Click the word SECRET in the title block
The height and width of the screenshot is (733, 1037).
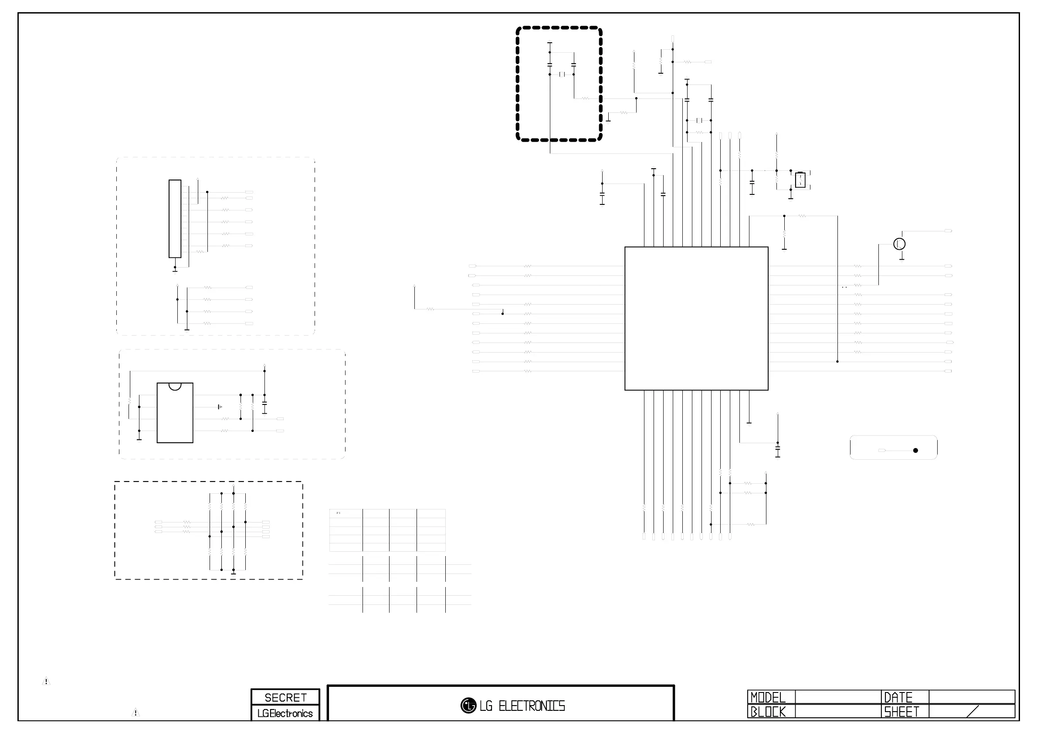[x=285, y=698]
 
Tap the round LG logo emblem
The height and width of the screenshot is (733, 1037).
[x=468, y=706]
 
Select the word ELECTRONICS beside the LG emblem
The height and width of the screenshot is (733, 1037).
[x=532, y=706]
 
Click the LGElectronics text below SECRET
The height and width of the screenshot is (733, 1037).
[x=285, y=713]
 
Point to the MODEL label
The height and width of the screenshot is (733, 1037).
[x=768, y=697]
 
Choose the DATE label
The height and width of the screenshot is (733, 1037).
[x=898, y=697]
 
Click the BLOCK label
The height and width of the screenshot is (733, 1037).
[x=768, y=712]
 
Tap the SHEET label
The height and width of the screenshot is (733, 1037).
[x=901, y=712]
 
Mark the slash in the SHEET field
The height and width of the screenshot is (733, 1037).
[x=973, y=712]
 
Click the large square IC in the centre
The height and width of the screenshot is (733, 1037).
[x=696, y=319]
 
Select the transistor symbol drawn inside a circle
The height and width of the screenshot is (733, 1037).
[x=899, y=244]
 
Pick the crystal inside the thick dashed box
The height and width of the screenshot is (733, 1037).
[x=562, y=74]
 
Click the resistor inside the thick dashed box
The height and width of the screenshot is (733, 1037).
[x=585, y=98]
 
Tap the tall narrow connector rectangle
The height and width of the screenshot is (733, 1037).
[x=175, y=219]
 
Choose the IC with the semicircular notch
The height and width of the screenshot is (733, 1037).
[x=175, y=413]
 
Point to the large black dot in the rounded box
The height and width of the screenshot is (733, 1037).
[x=915, y=450]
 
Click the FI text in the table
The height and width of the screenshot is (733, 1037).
[x=338, y=513]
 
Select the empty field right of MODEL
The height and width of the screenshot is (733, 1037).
[x=838, y=697]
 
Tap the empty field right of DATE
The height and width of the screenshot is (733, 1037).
[x=972, y=697]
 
